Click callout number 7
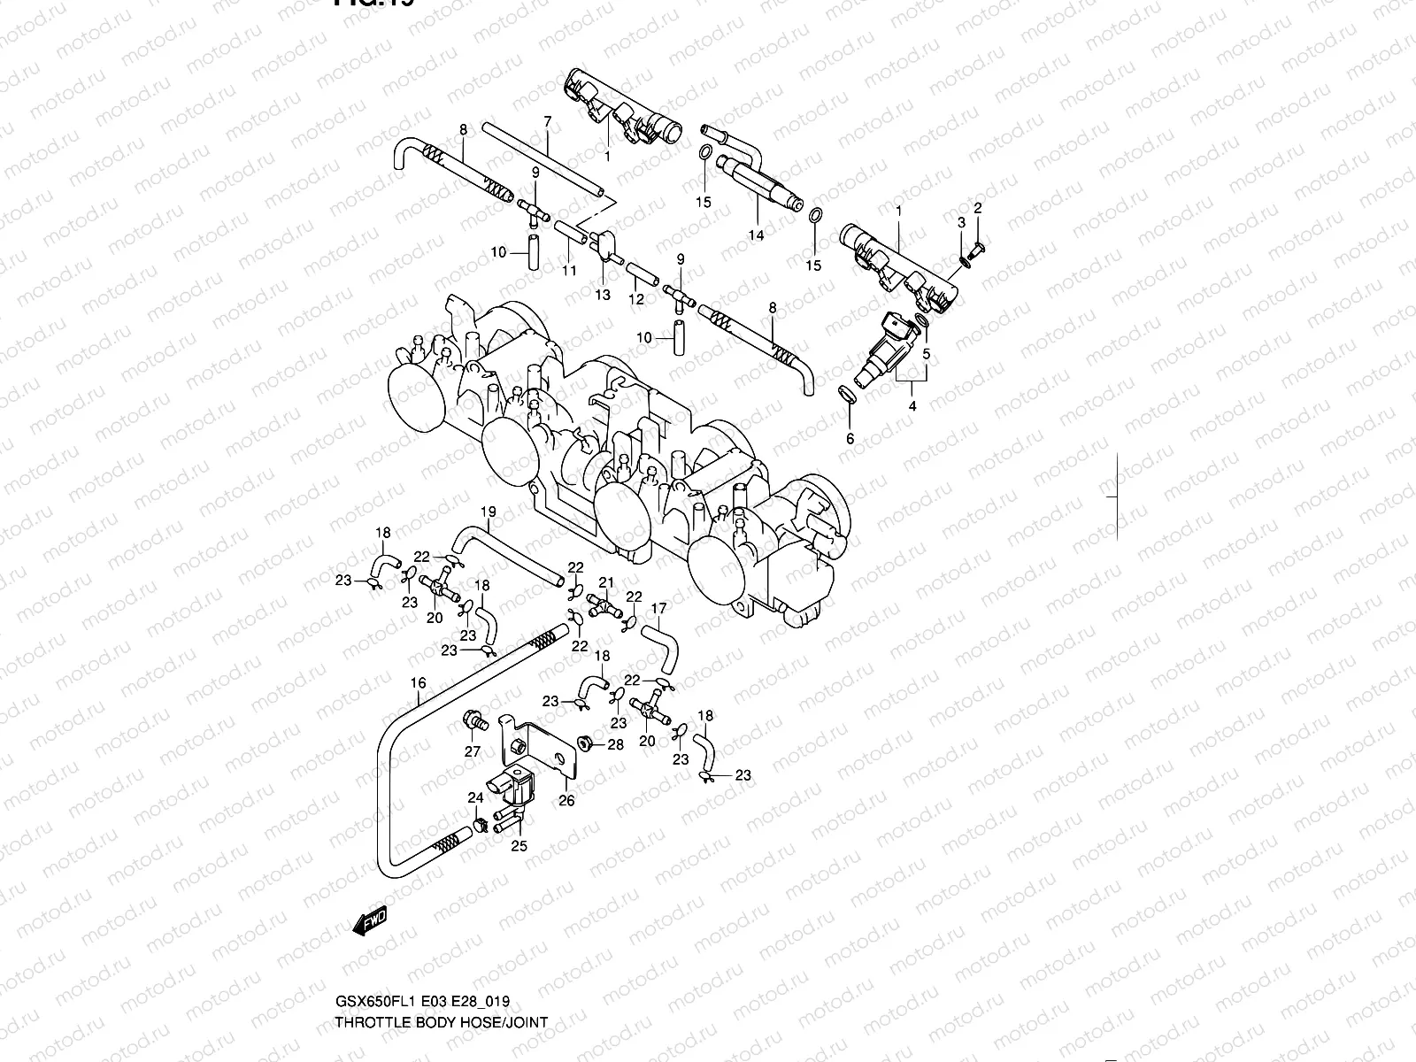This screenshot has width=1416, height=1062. (547, 120)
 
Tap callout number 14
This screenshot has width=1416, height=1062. (756, 235)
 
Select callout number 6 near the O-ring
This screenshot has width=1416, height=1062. (850, 438)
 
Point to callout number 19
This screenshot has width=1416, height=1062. (488, 512)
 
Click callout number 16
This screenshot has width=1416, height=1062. (419, 682)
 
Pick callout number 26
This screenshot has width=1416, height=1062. (566, 801)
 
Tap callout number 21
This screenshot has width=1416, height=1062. (606, 581)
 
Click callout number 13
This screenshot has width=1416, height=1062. (602, 295)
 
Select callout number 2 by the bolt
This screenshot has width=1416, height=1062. (978, 208)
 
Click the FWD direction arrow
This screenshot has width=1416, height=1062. (370, 922)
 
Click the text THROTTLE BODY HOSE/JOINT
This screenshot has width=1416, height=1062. (441, 1021)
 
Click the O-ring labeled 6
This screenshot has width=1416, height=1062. (847, 394)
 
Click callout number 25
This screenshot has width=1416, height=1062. (519, 845)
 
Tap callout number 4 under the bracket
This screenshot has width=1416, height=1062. (912, 406)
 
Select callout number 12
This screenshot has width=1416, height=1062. (636, 299)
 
